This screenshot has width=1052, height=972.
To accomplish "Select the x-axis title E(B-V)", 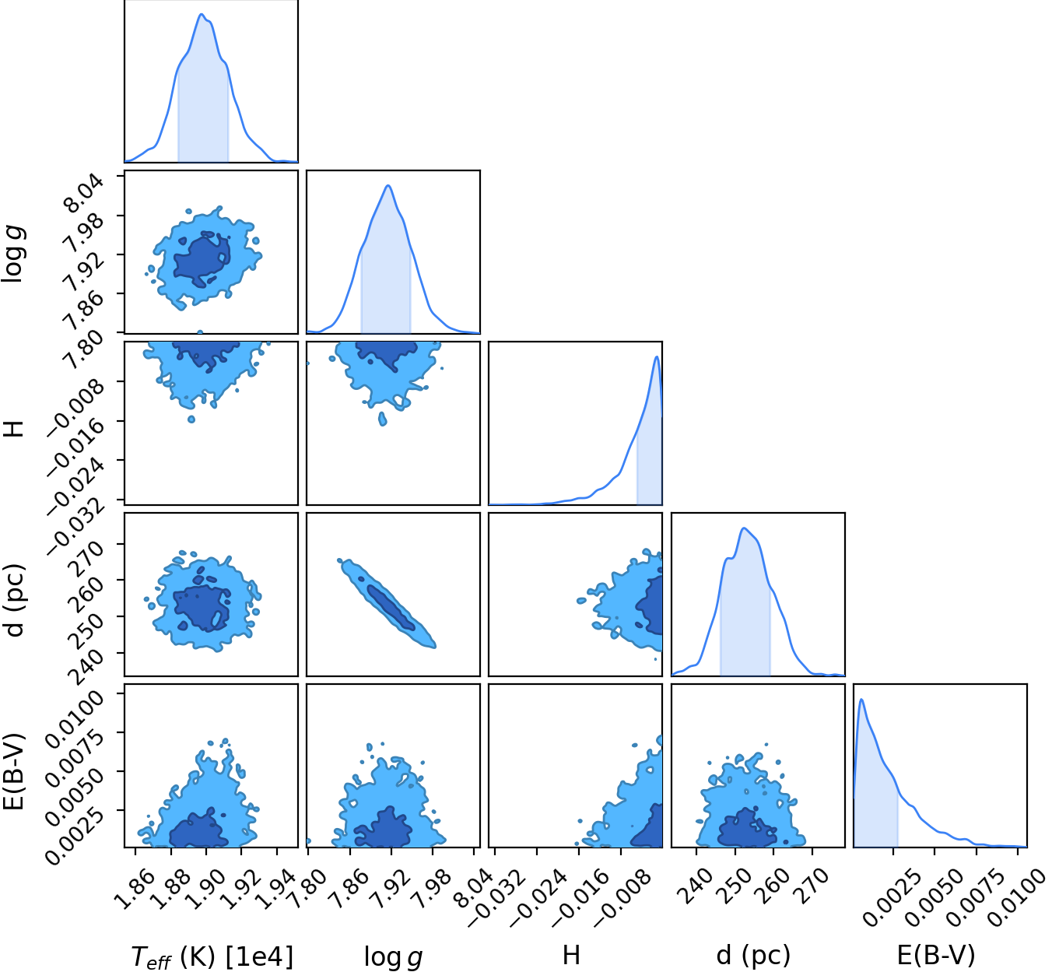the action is [936, 955].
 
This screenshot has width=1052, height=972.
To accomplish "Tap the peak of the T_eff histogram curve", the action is [202, 14].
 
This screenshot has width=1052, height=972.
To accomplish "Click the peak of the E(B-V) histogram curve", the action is [862, 699].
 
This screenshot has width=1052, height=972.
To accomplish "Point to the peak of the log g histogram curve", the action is [388, 185].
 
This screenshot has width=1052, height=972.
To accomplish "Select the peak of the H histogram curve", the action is [657, 356].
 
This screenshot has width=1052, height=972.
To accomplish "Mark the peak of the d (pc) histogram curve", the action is [744, 528].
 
